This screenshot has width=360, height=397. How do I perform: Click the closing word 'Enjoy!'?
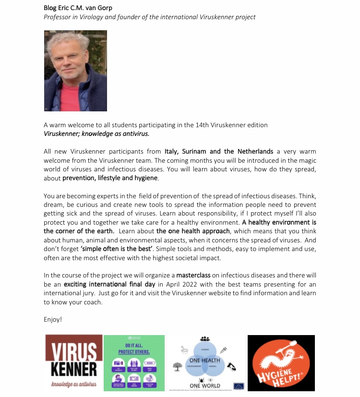tap(53, 319)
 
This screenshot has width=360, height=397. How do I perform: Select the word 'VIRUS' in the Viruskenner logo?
tap(73, 352)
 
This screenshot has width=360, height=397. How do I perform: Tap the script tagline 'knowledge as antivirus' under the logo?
tap(73, 385)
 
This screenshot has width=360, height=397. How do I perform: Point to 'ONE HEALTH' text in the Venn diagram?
tap(204, 360)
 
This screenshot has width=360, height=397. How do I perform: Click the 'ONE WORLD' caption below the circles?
tap(204, 385)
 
